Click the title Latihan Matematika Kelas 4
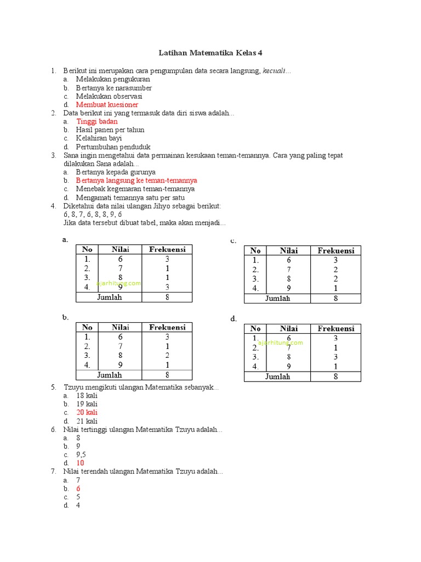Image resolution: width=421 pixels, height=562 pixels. pos(210,53)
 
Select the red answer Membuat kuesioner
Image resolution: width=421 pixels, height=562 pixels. pos(107,104)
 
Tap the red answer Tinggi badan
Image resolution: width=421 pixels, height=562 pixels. pos(96,121)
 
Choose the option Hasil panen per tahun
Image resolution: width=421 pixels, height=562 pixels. pos(110,130)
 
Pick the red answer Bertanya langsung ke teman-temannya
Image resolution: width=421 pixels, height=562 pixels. pos(136,180)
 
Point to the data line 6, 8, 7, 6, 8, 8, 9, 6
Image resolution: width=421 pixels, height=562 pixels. pos(93,215)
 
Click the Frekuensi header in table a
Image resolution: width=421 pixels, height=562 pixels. pos(167,249)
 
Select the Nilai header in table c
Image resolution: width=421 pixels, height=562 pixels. pos(288,251)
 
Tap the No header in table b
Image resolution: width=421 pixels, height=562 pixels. pos(87,327)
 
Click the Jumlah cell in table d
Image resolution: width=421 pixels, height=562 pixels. pos(277,376)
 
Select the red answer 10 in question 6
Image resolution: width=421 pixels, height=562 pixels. pos(80,463)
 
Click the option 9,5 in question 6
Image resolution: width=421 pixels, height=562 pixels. pos(81,454)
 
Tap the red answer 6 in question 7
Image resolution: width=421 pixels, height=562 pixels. pos(78,488)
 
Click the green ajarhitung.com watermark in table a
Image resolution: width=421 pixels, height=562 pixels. pos(118,283)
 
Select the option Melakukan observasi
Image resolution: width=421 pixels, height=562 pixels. pos(109,96)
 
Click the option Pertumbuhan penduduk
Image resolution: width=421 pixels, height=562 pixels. pos(113,147)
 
